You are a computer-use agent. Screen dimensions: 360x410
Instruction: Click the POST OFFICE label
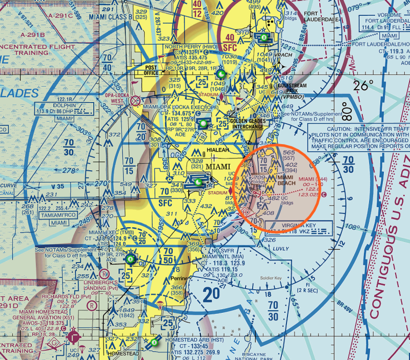(x=151, y=70)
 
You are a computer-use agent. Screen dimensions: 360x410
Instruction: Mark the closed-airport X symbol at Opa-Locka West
(x=135, y=101)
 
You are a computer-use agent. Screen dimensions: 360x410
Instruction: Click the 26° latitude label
(x=363, y=85)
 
